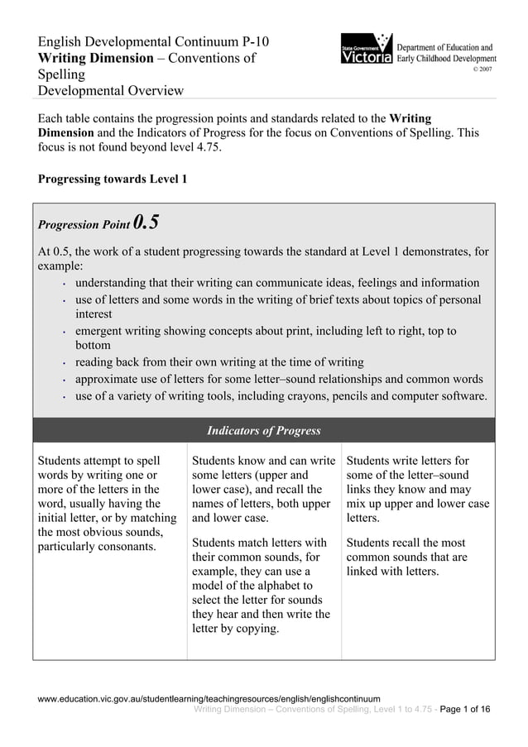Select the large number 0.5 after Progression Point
[146, 223]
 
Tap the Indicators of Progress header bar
[264, 431]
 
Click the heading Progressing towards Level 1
[113, 179]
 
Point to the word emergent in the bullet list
[99, 331]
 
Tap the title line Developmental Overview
[111, 90]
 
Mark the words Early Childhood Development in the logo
[447, 60]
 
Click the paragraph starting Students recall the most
[406, 558]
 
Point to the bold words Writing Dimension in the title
[96, 58]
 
